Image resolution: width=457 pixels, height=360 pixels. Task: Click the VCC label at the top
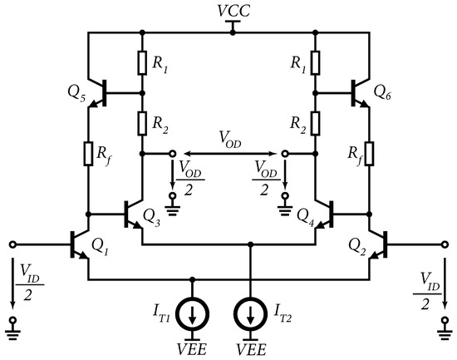(x=230, y=12)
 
